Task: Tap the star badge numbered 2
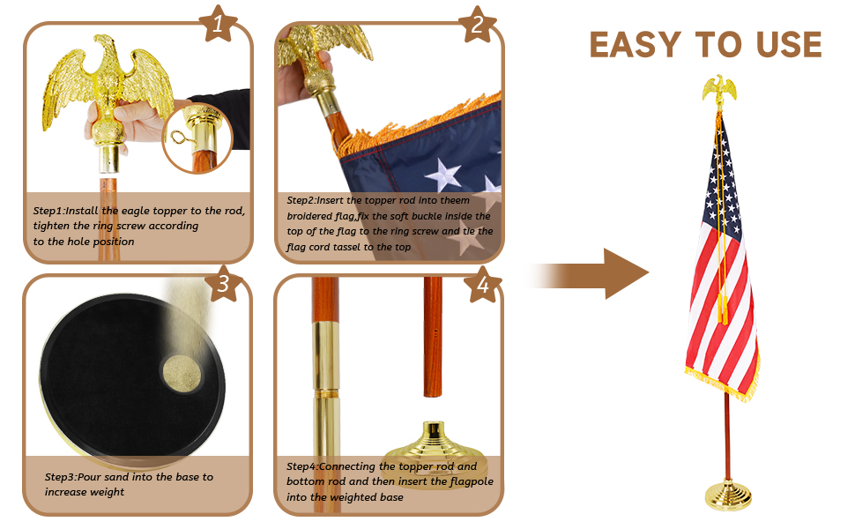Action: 477,24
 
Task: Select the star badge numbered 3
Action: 223,283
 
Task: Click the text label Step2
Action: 304,201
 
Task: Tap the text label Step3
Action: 63,477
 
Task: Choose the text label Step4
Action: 304,466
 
